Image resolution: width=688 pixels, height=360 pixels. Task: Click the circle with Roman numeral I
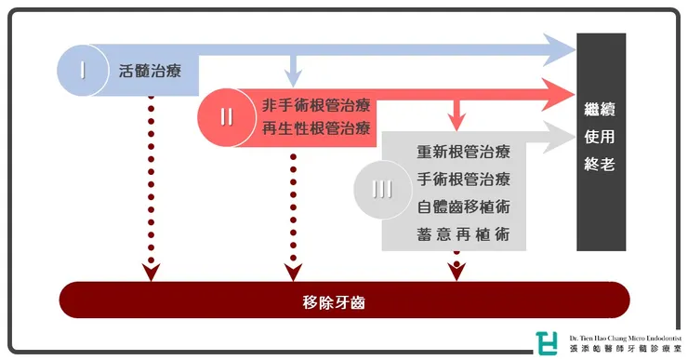pyautogui.click(x=83, y=70)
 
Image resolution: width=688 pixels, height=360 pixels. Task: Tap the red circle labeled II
pyautogui.click(x=226, y=117)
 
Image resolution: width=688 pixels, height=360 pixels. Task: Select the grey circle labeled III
pyautogui.click(x=381, y=190)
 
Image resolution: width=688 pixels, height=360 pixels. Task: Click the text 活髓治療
pyautogui.click(x=152, y=70)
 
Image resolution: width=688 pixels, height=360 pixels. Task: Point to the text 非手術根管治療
pyautogui.click(x=316, y=105)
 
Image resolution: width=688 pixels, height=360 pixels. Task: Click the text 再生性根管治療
pyautogui.click(x=316, y=129)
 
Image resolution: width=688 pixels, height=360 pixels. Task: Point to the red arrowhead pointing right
pyautogui.click(x=558, y=92)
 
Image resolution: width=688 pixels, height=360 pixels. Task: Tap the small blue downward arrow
pyautogui.click(x=293, y=71)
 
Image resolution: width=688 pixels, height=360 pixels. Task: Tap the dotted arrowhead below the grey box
pyautogui.click(x=456, y=270)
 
